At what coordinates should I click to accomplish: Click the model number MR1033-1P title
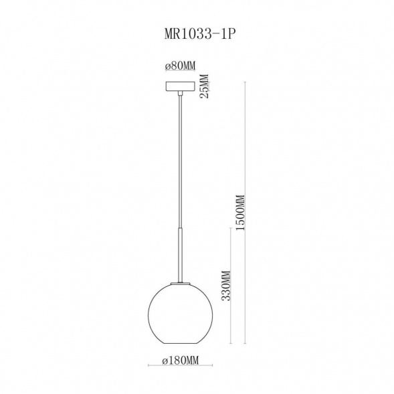click(x=200, y=33)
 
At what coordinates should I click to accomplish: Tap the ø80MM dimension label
click(x=180, y=66)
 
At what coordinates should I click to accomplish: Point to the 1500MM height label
click(x=240, y=212)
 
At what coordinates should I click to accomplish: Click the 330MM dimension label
click(x=225, y=286)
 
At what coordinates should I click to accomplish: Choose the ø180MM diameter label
click(x=181, y=361)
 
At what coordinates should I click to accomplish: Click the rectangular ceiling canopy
click(x=180, y=86)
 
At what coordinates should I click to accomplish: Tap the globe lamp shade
click(x=181, y=314)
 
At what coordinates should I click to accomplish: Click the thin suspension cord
click(x=180, y=161)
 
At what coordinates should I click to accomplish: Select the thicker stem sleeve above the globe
click(x=180, y=254)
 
